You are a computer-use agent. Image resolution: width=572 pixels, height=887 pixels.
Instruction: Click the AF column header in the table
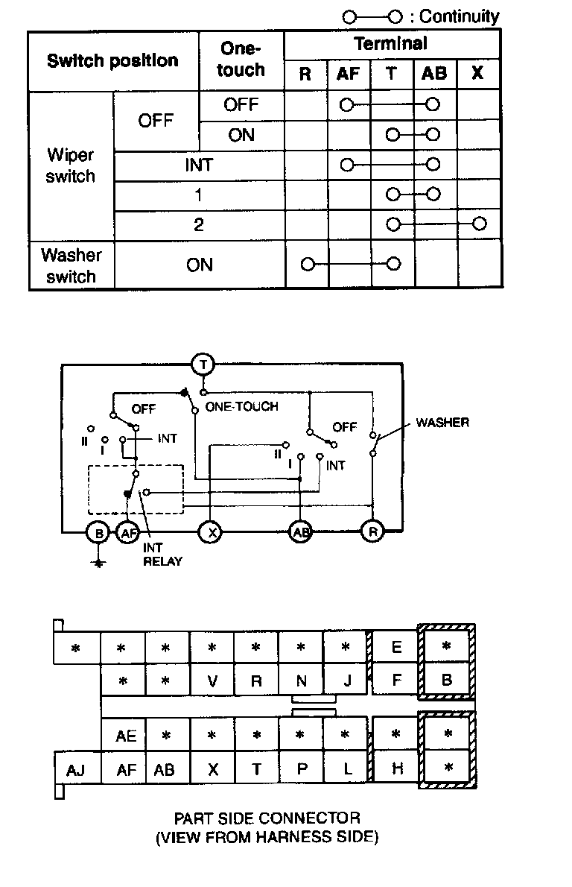[x=348, y=73]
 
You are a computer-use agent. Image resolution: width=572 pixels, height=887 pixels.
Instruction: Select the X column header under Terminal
[x=478, y=73]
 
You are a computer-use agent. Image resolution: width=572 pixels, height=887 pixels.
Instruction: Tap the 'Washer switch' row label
[x=71, y=265]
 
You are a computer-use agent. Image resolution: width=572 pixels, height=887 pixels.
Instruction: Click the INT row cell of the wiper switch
[x=199, y=165]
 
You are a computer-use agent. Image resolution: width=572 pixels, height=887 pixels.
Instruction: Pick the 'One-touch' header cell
[x=241, y=60]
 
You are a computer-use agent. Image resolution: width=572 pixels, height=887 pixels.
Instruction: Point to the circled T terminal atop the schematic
[x=203, y=364]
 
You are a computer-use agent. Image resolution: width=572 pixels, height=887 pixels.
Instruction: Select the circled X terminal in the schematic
[x=211, y=532]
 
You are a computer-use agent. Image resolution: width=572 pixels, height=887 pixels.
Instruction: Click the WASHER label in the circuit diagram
[x=442, y=423]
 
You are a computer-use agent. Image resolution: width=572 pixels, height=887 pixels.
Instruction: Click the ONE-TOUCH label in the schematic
[x=241, y=407]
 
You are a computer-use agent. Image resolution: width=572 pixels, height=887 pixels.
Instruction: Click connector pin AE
[x=127, y=736]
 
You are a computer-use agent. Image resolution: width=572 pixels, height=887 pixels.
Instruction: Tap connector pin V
[x=212, y=680]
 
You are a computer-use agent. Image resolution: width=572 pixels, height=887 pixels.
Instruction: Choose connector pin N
[x=302, y=680]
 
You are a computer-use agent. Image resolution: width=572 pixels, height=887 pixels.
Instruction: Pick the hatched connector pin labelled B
[x=447, y=680]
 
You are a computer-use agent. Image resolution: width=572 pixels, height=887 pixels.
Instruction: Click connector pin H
[x=397, y=768]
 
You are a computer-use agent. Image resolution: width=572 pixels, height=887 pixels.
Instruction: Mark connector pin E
[x=396, y=647]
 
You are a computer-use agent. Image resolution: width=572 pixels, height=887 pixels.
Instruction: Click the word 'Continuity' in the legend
[x=460, y=16]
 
